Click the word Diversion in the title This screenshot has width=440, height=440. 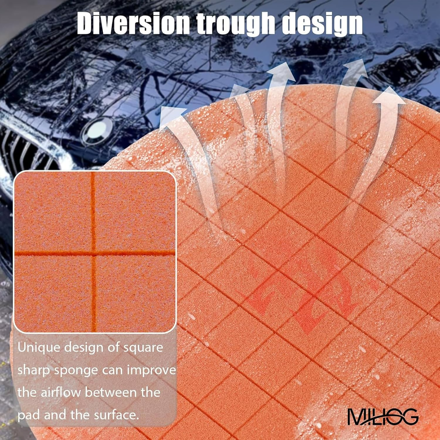[133, 24]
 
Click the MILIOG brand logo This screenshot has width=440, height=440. [383, 416]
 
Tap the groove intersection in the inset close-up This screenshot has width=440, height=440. [94, 253]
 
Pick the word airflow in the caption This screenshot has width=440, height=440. [60, 392]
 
